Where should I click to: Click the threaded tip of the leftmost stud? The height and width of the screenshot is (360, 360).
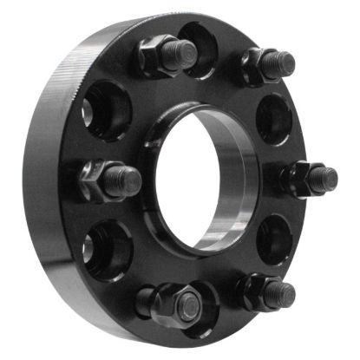[x=127, y=180]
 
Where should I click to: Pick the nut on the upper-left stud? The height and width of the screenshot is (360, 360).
[x=156, y=56]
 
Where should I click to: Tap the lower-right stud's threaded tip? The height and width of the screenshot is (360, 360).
[x=279, y=293]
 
